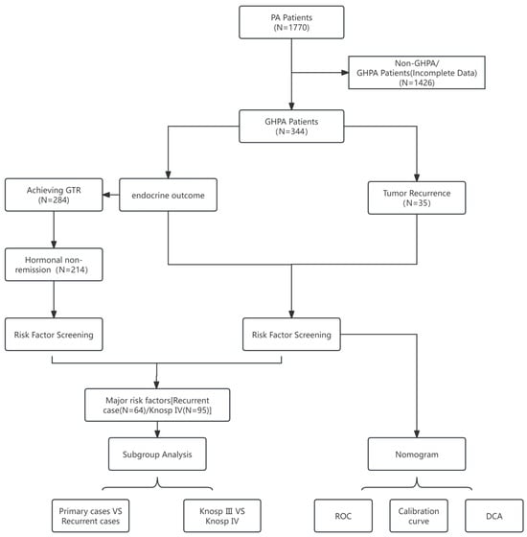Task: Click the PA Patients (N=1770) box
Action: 291,22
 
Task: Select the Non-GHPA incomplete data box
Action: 417,73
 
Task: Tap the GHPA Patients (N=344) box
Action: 291,127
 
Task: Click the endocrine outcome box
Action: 168,195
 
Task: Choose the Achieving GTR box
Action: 54,195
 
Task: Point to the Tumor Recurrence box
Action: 417,198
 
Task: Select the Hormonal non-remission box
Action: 54,265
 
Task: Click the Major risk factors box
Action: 157,405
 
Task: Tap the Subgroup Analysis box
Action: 157,455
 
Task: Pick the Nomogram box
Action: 417,455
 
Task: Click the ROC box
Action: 343,516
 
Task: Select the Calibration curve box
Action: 419,516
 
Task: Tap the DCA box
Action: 494,516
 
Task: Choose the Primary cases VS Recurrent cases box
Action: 91,516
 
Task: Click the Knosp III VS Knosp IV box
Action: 222,516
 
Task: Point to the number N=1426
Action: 417,82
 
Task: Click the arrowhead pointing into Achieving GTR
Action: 106,195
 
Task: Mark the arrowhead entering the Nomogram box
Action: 417,433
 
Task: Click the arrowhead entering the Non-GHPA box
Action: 345,73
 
